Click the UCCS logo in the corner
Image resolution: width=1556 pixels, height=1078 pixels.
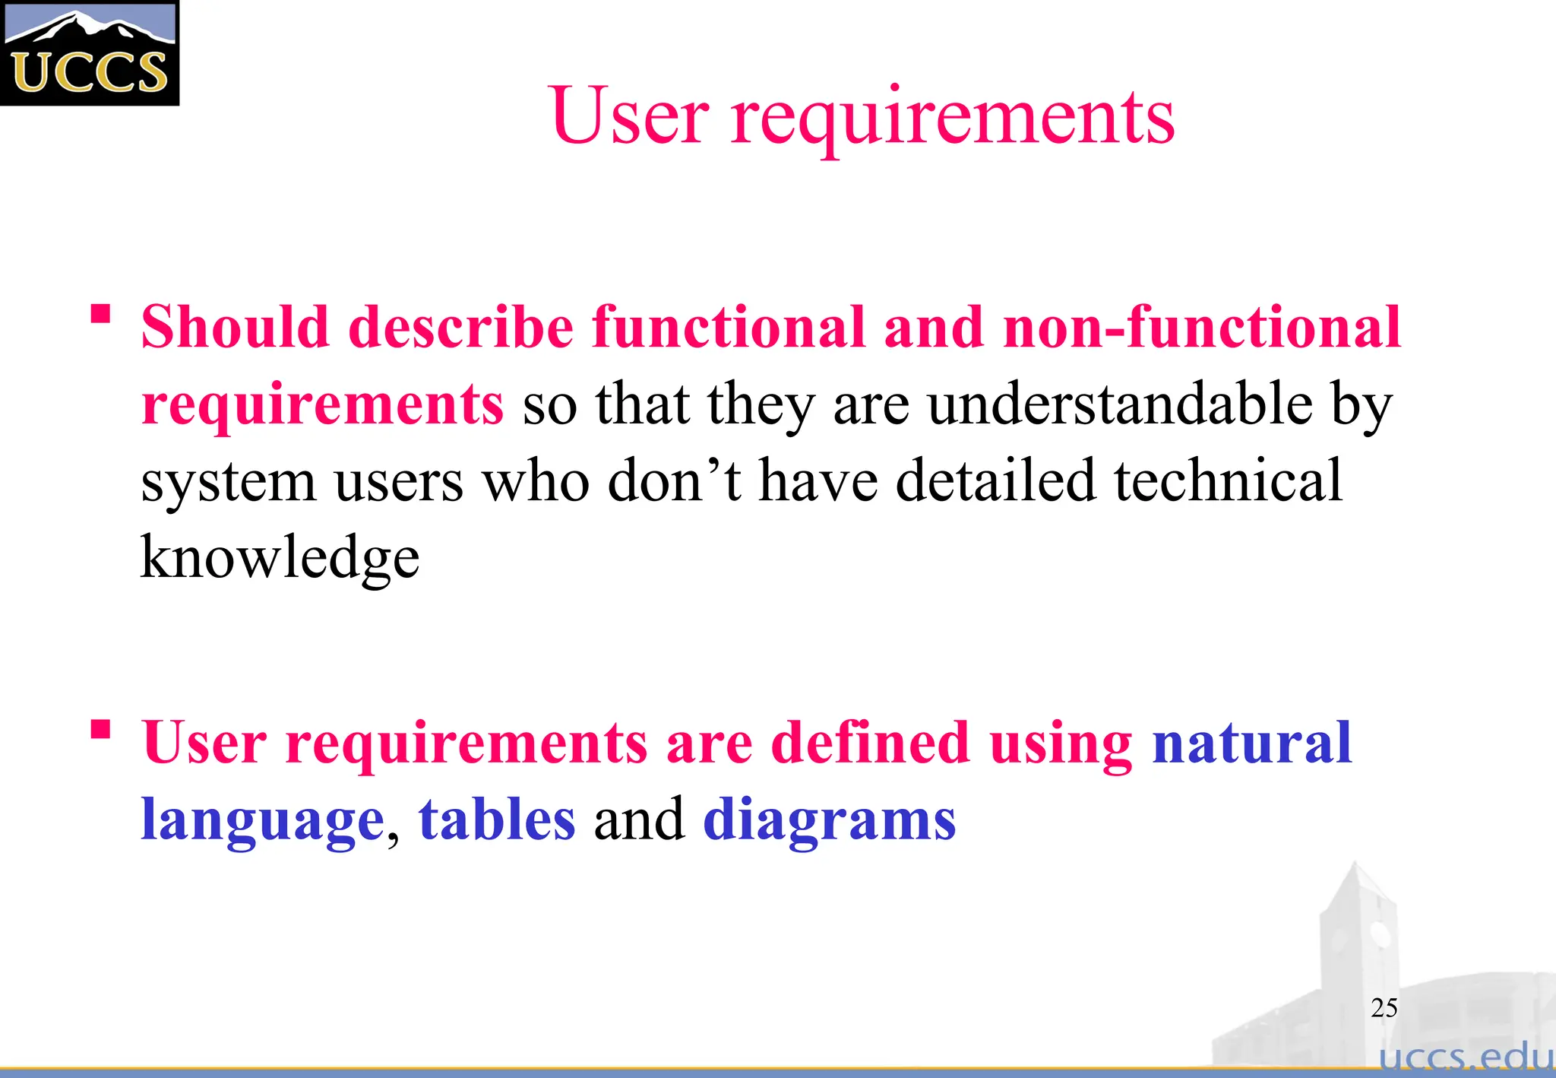pyautogui.click(x=89, y=52)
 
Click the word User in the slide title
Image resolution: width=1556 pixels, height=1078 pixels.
pyautogui.click(x=631, y=116)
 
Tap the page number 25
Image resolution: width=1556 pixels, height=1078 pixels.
pyautogui.click(x=1384, y=1007)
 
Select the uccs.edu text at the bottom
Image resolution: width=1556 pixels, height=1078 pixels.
pyautogui.click(x=1466, y=1057)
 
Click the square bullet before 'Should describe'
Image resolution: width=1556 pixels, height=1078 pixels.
pyautogui.click(x=100, y=313)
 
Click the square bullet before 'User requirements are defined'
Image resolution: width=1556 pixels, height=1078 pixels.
pyautogui.click(x=100, y=730)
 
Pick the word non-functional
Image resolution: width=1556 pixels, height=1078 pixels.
pyautogui.click(x=1201, y=327)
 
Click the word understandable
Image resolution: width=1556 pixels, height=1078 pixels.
pyautogui.click(x=1120, y=404)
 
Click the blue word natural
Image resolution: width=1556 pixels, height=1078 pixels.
pyautogui.click(x=1251, y=743)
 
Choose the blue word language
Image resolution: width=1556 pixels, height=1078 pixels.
pyautogui.click(x=262, y=821)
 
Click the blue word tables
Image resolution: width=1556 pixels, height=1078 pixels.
pyautogui.click(x=497, y=820)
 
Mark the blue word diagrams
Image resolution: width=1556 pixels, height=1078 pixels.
pyautogui.click(x=829, y=821)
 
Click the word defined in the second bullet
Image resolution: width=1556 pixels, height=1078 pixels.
pyautogui.click(x=870, y=743)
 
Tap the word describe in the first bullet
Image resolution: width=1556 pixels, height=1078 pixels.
pyautogui.click(x=460, y=327)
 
